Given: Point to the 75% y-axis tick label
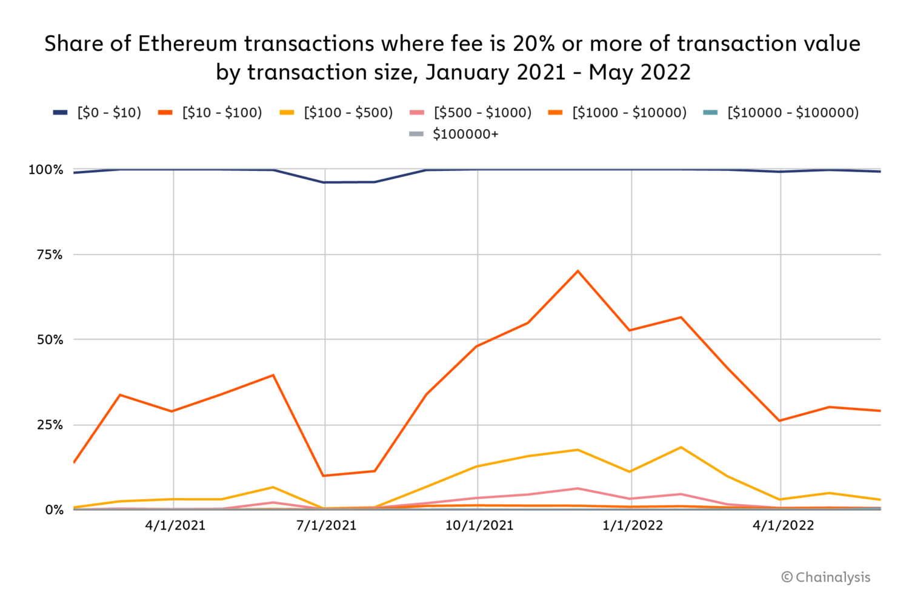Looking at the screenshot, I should tap(50, 255).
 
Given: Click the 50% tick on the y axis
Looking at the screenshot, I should tap(50, 340).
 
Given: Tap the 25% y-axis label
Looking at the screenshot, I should tap(50, 425).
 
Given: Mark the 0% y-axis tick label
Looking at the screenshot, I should tap(53, 510).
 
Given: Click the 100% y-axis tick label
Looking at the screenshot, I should tap(46, 170).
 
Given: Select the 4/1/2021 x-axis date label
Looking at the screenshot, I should tap(175, 525).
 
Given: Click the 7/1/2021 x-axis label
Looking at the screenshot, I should tap(326, 525).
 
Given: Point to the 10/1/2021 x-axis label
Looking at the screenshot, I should tap(479, 525).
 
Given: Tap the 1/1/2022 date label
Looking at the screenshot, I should tap(633, 525).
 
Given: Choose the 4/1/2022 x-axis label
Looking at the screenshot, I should tap(783, 525).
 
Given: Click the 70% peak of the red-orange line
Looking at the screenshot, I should tap(578, 271).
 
